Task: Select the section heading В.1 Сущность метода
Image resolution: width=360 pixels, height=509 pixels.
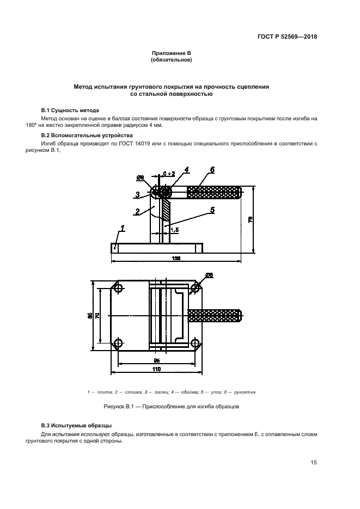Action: click(x=68, y=110)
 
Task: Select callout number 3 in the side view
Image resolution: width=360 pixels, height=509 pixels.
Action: click(x=138, y=194)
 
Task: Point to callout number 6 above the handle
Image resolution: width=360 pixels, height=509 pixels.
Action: click(x=212, y=170)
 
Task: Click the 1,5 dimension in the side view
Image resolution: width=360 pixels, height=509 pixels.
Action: click(x=174, y=230)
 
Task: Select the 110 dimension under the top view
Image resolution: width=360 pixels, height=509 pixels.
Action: click(x=157, y=369)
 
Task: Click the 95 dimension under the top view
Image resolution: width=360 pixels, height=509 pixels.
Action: click(x=157, y=360)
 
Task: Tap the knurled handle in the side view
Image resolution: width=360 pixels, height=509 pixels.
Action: click(x=213, y=192)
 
